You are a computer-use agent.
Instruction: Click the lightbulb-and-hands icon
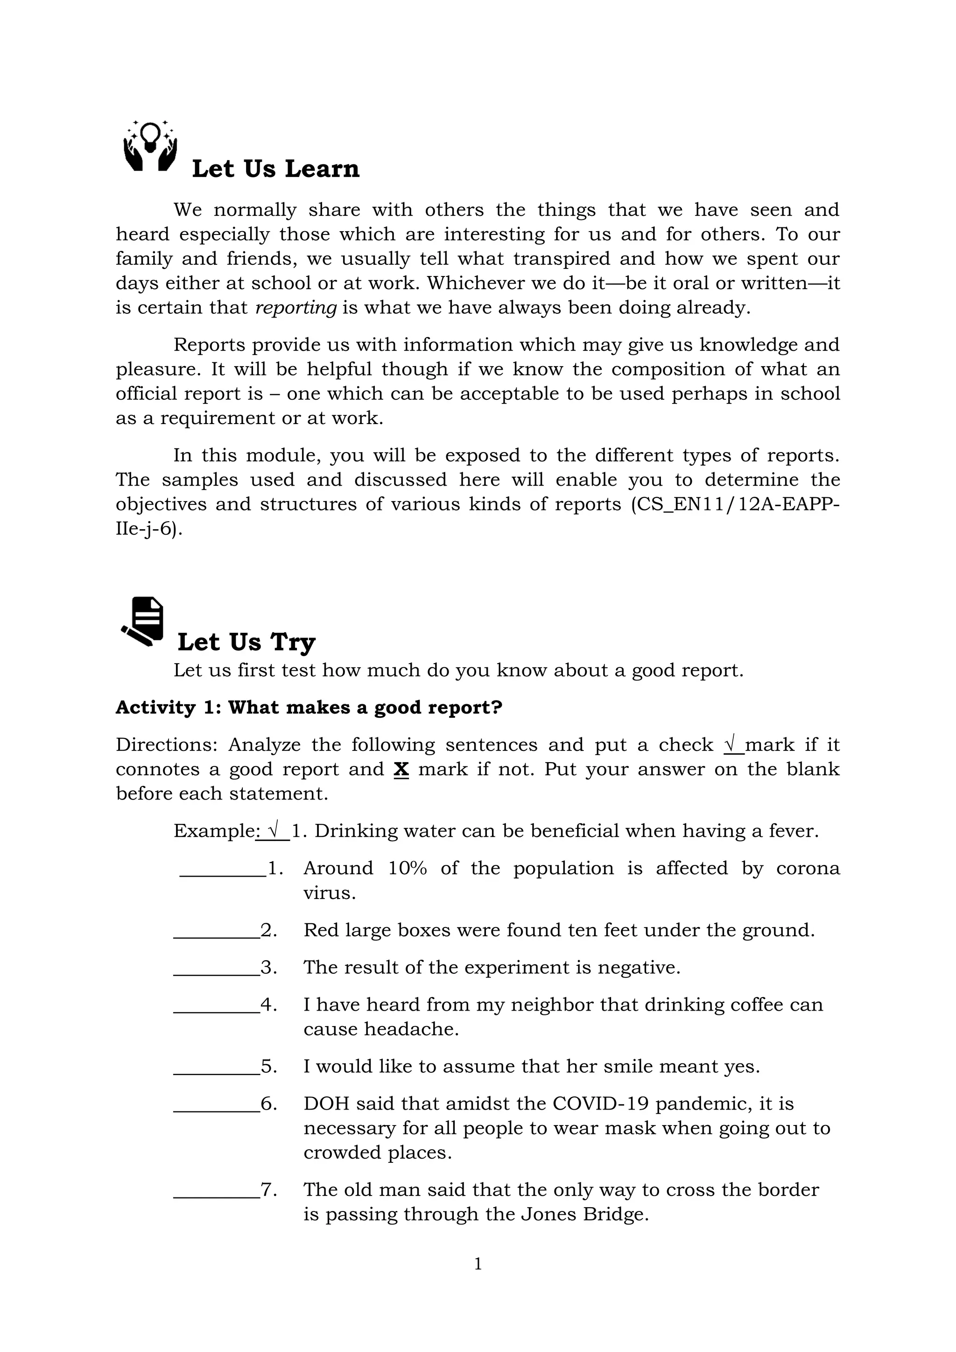click(150, 146)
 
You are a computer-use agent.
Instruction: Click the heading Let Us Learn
click(275, 169)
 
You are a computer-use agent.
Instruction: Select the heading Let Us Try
click(246, 642)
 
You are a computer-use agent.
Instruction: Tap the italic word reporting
click(296, 308)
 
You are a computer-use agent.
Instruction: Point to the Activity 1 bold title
click(309, 707)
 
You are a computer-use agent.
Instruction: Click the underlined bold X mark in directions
click(401, 769)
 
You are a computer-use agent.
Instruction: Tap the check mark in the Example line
click(273, 831)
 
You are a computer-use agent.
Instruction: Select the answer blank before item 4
click(216, 1006)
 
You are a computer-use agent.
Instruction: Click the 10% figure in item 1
click(408, 869)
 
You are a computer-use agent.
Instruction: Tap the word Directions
click(165, 745)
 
